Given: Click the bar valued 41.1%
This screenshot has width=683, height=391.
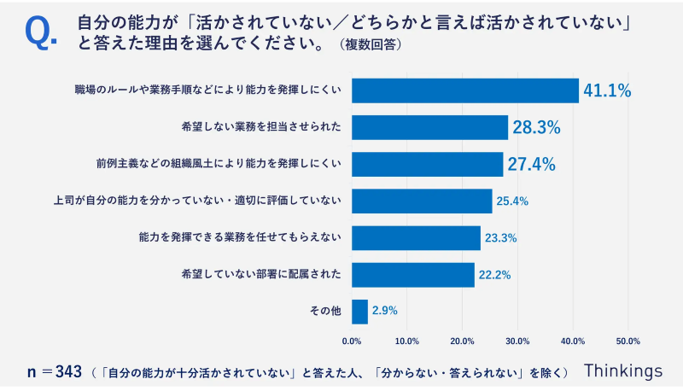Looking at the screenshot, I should pyautogui.click(x=465, y=90).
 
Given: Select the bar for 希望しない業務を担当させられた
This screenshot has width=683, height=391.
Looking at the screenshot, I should pyautogui.click(x=429, y=128).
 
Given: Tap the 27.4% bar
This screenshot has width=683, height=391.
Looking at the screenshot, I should pyautogui.click(x=427, y=164).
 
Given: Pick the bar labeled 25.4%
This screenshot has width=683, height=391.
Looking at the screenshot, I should pyautogui.click(x=422, y=201).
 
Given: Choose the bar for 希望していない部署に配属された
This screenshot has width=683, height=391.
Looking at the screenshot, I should pyautogui.click(x=413, y=274).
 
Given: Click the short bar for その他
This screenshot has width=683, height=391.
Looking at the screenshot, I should pyautogui.click(x=359, y=311).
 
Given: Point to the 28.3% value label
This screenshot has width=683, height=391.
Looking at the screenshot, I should pyautogui.click(x=535, y=128).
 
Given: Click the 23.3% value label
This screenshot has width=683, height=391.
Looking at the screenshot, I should pyautogui.click(x=502, y=238).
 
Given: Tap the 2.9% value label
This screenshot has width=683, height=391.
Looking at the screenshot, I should pyautogui.click(x=385, y=311).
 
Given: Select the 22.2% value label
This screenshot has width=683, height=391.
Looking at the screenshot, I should pyautogui.click(x=495, y=275).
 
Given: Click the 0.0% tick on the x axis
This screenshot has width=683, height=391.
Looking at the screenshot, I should pyautogui.click(x=352, y=341).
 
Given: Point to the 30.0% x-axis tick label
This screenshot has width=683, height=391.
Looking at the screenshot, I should pyautogui.click(x=517, y=341).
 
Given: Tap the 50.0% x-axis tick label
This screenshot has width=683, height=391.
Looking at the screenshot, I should pyautogui.click(x=628, y=341).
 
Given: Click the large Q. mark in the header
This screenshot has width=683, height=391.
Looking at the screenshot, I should pyautogui.click(x=41, y=32).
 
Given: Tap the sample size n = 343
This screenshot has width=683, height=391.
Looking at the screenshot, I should pyautogui.click(x=54, y=371).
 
